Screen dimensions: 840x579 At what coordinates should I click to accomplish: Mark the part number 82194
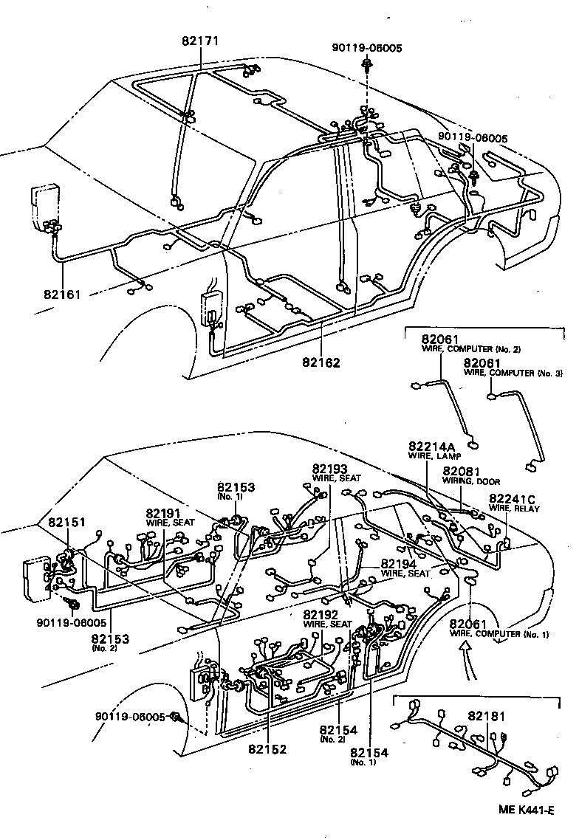click(x=401, y=563)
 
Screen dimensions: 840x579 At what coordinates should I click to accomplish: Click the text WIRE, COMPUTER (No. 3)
click(x=513, y=373)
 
